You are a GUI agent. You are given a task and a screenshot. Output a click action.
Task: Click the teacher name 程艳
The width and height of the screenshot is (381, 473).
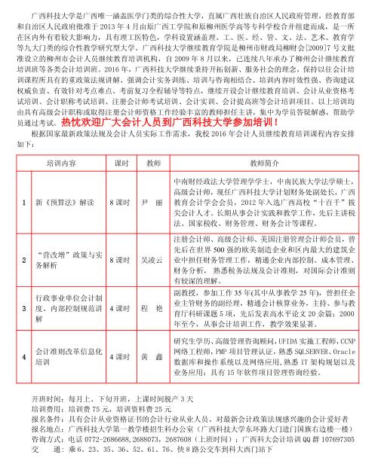[x=154, y=308]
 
